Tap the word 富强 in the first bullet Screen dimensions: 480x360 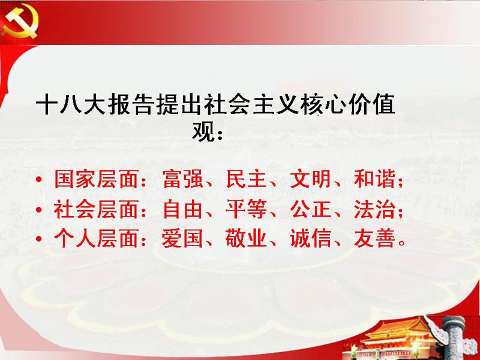(183, 179)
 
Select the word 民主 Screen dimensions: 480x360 (247, 179)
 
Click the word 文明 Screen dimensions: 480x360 (310, 179)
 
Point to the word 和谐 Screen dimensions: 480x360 (374, 179)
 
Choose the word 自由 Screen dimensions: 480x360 (183, 209)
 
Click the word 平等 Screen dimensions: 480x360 (247, 209)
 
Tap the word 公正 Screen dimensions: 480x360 (310, 209)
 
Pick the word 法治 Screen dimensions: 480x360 (374, 209)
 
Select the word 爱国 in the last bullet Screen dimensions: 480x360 (183, 239)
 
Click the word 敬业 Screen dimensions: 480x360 (247, 239)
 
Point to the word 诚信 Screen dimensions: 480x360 (310, 239)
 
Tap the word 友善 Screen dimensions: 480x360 (374, 239)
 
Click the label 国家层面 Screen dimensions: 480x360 (96, 179)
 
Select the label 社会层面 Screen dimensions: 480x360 (96, 209)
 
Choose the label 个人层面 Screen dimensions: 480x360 (96, 239)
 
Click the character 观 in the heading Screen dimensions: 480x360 (202, 131)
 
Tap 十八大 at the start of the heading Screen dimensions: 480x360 (70, 105)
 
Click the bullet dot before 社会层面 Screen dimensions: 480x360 (38, 210)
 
